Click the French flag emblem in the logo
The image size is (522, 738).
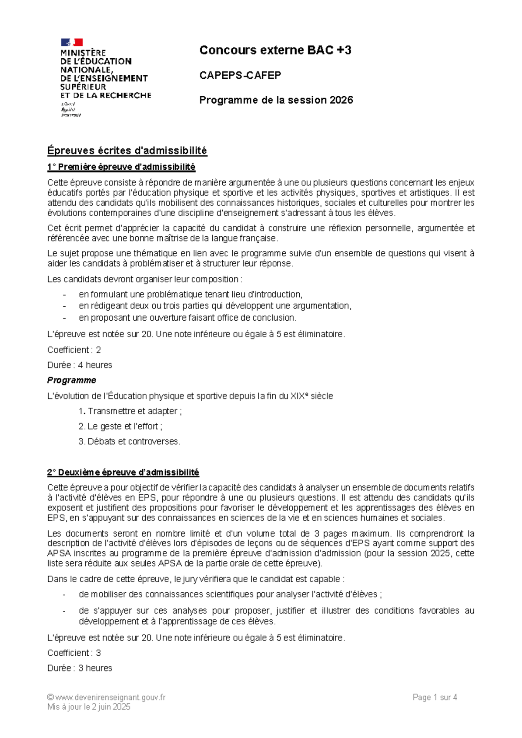tap(72, 42)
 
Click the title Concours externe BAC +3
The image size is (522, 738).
tap(275, 50)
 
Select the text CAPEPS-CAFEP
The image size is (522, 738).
tap(240, 75)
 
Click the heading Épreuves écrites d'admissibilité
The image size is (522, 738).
tap(127, 151)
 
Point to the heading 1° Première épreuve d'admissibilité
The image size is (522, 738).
tap(121, 167)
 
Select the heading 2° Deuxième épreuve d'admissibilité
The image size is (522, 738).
tap(123, 472)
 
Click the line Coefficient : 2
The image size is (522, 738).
tap(74, 350)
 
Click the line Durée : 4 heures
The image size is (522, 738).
tap(80, 365)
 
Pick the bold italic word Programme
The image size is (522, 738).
tap(72, 380)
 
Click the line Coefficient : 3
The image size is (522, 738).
tap(74, 653)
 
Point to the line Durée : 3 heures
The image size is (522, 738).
tap(80, 668)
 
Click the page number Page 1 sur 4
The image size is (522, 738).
tap(435, 698)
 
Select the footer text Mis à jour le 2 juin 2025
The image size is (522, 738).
tap(89, 707)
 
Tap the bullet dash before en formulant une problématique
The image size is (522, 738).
tap(65, 295)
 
